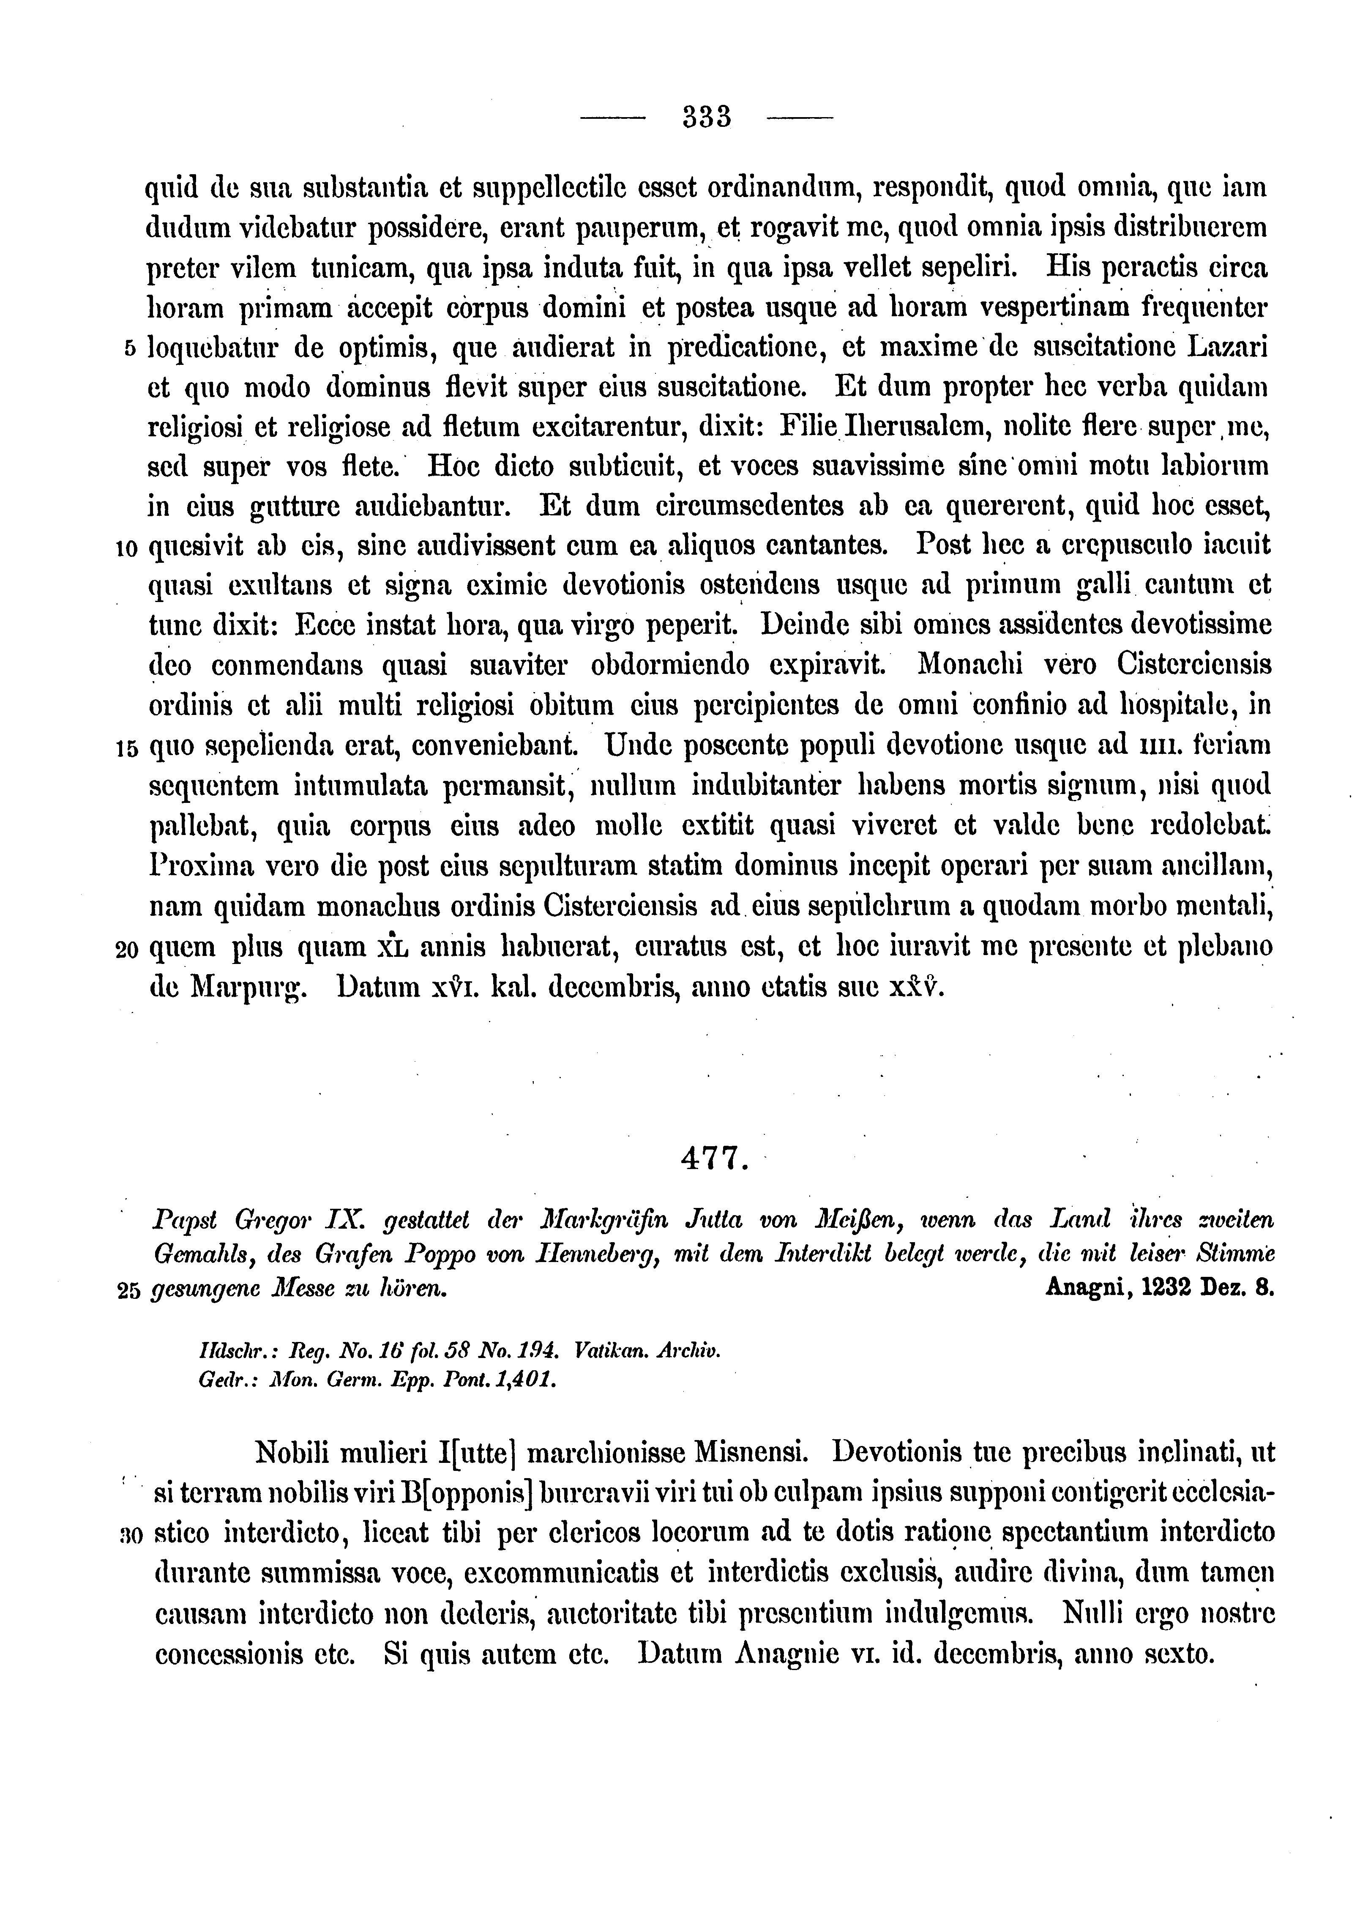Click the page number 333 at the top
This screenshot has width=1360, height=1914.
pos(707,116)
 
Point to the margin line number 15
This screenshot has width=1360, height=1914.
pos(127,749)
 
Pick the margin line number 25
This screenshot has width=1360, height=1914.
pos(128,1291)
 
